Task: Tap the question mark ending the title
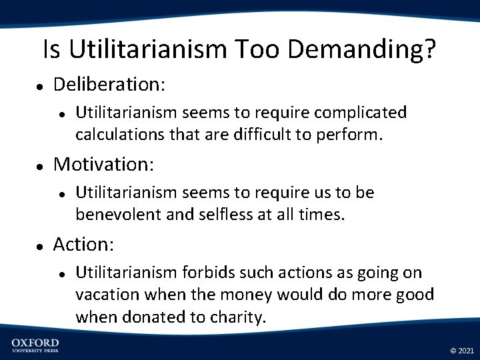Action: click(x=431, y=49)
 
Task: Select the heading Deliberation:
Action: click(x=109, y=85)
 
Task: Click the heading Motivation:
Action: click(x=103, y=164)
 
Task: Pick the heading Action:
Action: click(x=83, y=245)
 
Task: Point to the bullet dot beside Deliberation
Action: click(x=40, y=87)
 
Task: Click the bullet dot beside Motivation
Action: click(x=40, y=166)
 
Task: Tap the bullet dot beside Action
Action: click(x=40, y=247)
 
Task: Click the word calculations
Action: click(x=115, y=135)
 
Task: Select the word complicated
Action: click(x=360, y=113)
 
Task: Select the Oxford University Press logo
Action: click(x=35, y=345)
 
